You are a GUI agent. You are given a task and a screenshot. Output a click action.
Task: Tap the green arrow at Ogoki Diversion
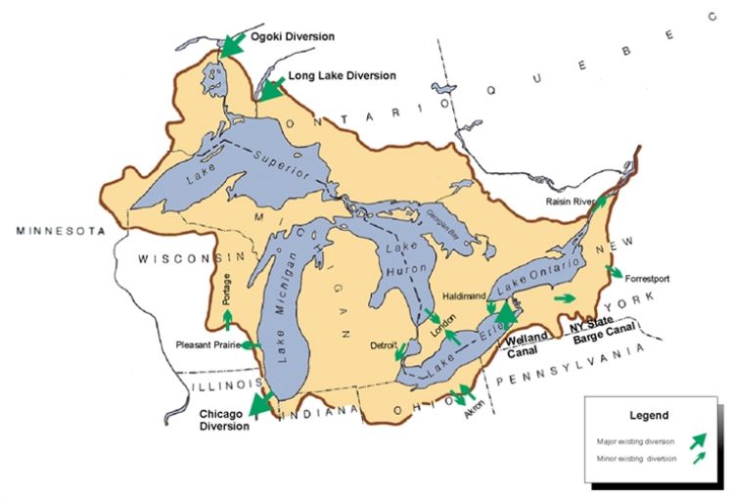click(233, 44)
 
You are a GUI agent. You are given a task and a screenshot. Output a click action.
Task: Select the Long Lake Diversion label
click(343, 75)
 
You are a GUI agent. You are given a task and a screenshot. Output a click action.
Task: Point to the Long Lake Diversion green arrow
click(270, 89)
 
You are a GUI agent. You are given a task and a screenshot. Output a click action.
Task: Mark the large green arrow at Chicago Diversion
click(261, 404)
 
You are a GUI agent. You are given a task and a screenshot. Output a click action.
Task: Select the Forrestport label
click(646, 278)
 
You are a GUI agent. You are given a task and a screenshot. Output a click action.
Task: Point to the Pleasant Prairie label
click(206, 344)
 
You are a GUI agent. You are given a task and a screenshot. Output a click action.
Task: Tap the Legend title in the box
click(648, 415)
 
